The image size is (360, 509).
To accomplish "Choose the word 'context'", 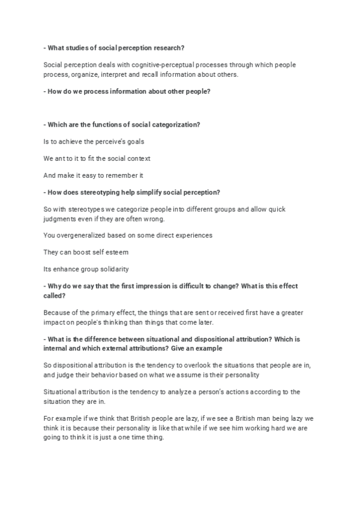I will (x=136, y=158).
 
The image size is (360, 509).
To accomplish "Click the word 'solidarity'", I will (x=111, y=269).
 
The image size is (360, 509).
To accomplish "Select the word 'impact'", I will (x=54, y=323).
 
